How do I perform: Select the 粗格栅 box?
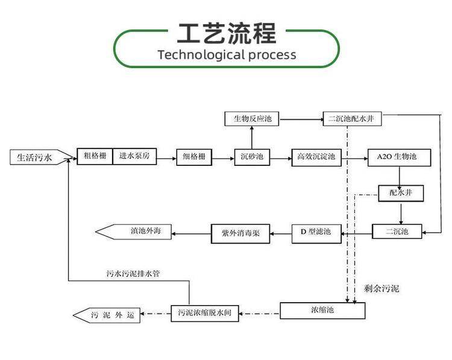(95, 157)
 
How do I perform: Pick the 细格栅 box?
(195, 157)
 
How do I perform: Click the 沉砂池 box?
(252, 157)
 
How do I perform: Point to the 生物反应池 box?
(253, 119)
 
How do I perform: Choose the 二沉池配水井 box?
(352, 119)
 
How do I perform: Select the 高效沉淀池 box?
(316, 157)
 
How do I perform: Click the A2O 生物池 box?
(400, 158)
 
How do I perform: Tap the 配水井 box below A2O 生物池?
(400, 194)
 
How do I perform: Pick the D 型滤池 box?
(316, 232)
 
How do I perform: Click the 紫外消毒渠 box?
(240, 233)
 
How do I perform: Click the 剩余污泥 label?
(381, 289)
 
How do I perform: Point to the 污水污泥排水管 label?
(133, 273)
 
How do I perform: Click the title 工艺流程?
(227, 33)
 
